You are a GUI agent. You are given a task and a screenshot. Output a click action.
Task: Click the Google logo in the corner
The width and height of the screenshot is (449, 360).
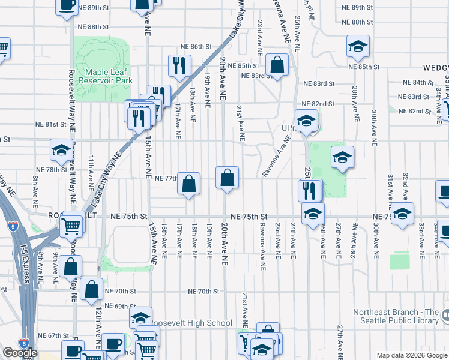20,353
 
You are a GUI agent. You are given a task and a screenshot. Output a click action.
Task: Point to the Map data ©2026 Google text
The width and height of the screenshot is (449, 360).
411,355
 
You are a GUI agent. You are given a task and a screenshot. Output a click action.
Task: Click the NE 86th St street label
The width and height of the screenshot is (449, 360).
197,46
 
